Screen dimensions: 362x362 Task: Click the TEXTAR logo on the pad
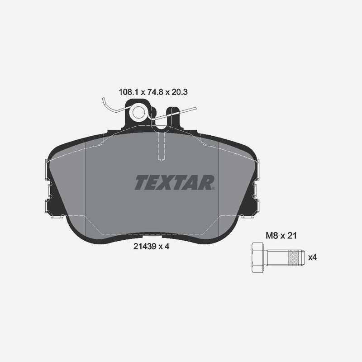174,183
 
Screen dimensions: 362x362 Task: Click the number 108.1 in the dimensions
128,92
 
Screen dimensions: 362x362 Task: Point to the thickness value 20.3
179,92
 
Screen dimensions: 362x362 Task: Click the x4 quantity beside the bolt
312,257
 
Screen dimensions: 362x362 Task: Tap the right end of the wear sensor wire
195,109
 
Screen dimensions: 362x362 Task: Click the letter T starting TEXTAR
141,183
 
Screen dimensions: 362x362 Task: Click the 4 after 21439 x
167,247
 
